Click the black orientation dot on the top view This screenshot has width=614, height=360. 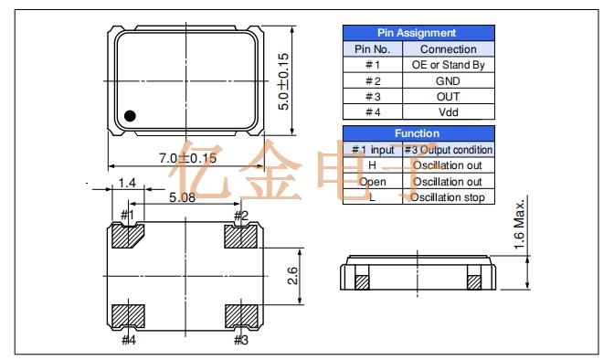tap(130, 116)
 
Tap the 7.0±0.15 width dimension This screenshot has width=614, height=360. tap(187, 158)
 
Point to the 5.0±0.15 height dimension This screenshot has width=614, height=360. tap(283, 81)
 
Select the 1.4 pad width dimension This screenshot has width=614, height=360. tap(127, 183)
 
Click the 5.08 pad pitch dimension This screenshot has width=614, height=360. tap(182, 197)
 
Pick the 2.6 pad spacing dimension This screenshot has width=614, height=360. tap(292, 276)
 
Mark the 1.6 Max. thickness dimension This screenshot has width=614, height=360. tap(519, 224)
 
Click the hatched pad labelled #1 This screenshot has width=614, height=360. tap(126, 236)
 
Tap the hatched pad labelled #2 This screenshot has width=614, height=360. tap(241, 237)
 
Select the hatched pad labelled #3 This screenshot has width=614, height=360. tap(241, 316)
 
